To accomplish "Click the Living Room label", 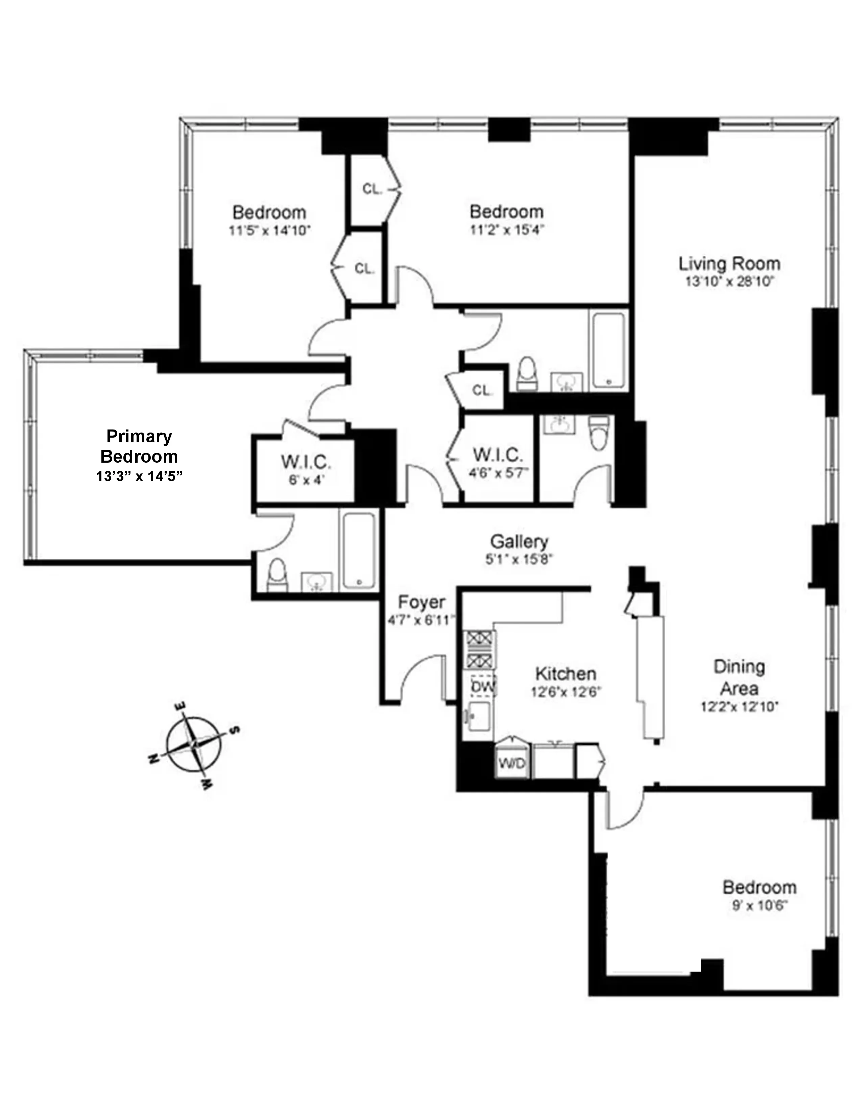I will pos(729,264).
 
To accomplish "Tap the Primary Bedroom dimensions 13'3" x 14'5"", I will pos(139,476).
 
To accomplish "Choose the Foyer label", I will pos(421,602).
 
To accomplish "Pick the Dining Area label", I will pos(739,678).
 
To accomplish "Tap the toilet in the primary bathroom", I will pos(277,575).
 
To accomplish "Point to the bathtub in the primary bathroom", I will pos(359,551).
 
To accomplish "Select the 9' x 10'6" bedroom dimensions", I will pos(759,906).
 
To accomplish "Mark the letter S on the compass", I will pos(235,730).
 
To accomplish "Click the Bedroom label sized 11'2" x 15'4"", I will pos(506,212).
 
